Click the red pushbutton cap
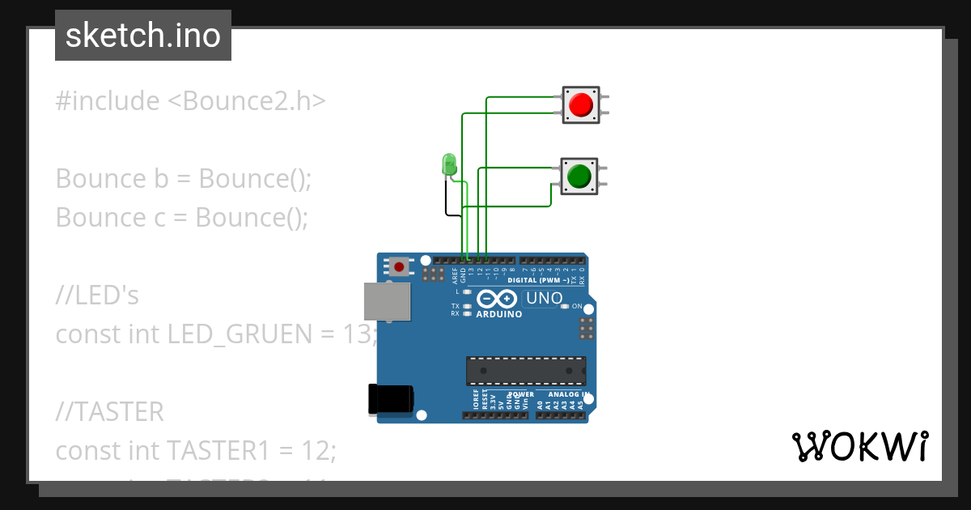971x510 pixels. tap(580, 105)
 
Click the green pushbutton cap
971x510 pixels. tap(579, 176)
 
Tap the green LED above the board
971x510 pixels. tap(448, 164)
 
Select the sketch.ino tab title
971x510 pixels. tap(142, 36)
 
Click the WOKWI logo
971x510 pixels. tap(859, 446)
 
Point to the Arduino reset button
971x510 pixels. tap(399, 266)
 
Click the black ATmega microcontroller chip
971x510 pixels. tap(525, 370)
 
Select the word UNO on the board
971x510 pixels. tap(544, 298)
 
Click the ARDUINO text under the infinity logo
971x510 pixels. tap(499, 314)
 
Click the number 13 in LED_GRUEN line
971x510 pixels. tap(356, 334)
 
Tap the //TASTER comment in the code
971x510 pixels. tap(110, 412)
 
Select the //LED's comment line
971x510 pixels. tap(97, 296)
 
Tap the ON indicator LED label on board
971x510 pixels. tap(577, 307)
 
